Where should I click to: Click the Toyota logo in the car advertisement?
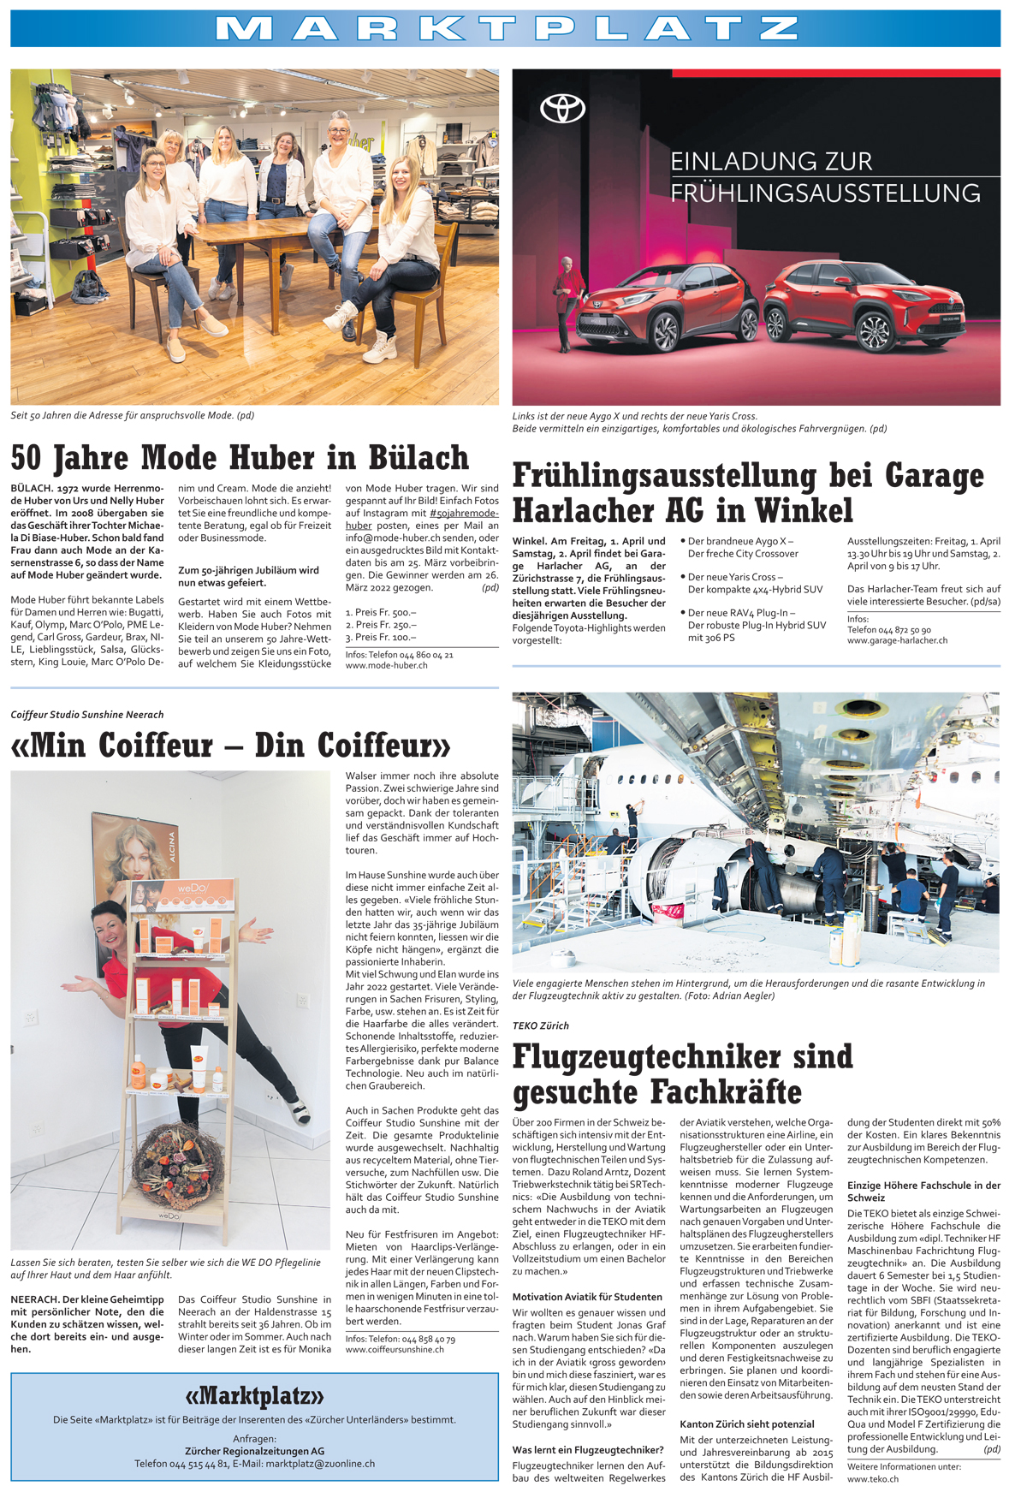(562, 109)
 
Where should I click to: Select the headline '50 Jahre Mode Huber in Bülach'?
(240, 458)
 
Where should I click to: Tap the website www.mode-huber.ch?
(386, 665)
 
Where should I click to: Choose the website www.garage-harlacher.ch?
(897, 640)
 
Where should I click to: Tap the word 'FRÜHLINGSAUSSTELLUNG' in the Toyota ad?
(825, 193)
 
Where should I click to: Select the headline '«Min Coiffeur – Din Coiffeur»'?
(230, 746)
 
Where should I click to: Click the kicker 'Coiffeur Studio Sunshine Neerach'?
(87, 715)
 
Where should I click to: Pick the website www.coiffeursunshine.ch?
(395, 1350)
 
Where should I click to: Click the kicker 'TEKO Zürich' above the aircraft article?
(540, 1025)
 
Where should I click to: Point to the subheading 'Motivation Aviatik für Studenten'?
(587, 1297)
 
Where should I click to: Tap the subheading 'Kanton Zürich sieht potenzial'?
(746, 1424)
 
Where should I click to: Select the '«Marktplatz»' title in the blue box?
(254, 1396)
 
